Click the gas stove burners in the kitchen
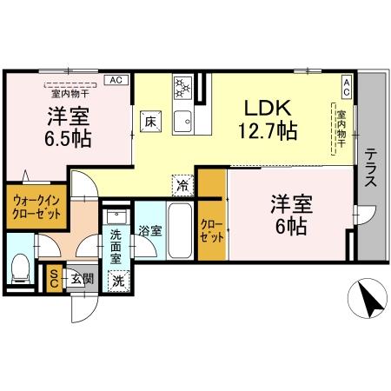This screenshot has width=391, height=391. coord(183,87)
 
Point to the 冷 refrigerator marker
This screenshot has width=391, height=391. coord(182,183)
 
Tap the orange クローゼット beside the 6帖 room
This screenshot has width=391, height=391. coord(211,230)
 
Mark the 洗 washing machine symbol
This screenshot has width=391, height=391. coord(118,280)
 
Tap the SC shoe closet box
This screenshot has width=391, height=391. coord(53,276)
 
